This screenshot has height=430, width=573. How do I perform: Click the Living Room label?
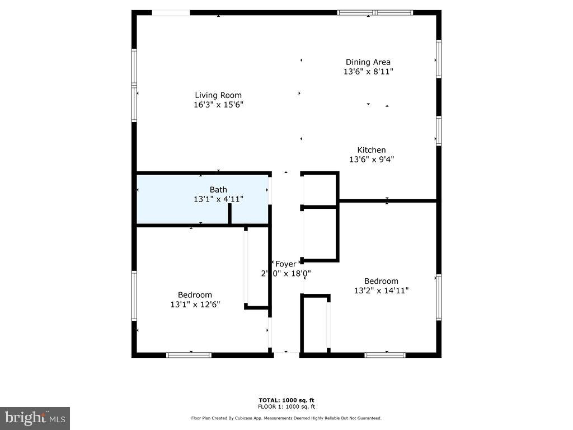(x=218, y=95)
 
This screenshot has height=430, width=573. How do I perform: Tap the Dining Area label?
(x=368, y=62)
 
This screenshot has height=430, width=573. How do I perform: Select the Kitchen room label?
(x=372, y=150)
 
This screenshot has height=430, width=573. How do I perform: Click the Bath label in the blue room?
(x=218, y=190)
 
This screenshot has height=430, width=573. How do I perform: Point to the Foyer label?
(x=285, y=264)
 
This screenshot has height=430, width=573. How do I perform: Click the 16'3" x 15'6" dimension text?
(x=218, y=105)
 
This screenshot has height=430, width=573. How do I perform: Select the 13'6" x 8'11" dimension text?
(x=368, y=72)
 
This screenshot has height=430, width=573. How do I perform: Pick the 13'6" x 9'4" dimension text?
(x=372, y=160)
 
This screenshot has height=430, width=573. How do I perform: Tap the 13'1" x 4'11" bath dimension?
(x=218, y=199)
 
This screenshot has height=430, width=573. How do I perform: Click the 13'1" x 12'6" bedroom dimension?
(x=195, y=305)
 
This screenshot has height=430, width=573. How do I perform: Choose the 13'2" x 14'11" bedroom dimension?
(x=381, y=291)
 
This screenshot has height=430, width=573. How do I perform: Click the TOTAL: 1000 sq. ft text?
(x=286, y=400)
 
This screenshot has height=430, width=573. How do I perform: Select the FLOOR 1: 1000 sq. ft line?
(x=286, y=406)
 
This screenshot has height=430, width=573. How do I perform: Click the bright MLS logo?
(x=35, y=418)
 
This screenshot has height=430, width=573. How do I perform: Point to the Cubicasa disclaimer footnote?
(x=286, y=418)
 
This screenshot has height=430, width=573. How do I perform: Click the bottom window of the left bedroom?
(x=189, y=355)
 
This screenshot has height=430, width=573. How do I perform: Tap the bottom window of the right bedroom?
(x=385, y=355)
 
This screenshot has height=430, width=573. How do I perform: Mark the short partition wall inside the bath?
(x=229, y=214)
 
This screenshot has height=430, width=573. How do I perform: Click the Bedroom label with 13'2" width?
(x=381, y=281)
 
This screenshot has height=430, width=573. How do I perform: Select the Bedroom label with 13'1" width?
(x=195, y=295)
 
